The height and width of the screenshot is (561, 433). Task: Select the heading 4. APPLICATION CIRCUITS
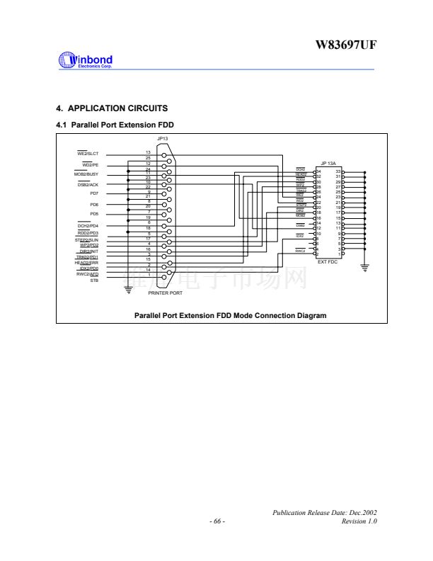pyautogui.click(x=112, y=108)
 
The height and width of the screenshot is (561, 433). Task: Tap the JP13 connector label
pyautogui.click(x=162, y=138)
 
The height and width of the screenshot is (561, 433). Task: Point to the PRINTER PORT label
pyautogui.click(x=165, y=293)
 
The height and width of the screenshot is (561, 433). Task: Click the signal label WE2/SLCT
pyautogui.click(x=88, y=153)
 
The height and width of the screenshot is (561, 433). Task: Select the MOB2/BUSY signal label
pyautogui.click(x=86, y=174)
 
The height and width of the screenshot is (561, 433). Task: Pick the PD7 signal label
pyautogui.click(x=94, y=193)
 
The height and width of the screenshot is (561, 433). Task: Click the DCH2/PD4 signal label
pyautogui.click(x=88, y=225)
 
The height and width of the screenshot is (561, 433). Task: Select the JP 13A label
pyautogui.click(x=328, y=163)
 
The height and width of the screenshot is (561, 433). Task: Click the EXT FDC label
pyautogui.click(x=328, y=262)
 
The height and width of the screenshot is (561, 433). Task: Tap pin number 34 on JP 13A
pyautogui.click(x=320, y=171)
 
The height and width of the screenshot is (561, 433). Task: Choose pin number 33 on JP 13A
pyautogui.click(x=338, y=171)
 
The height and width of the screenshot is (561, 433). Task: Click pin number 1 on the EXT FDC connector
pyautogui.click(x=340, y=254)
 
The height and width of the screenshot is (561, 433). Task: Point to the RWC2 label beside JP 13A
pyautogui.click(x=300, y=251)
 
